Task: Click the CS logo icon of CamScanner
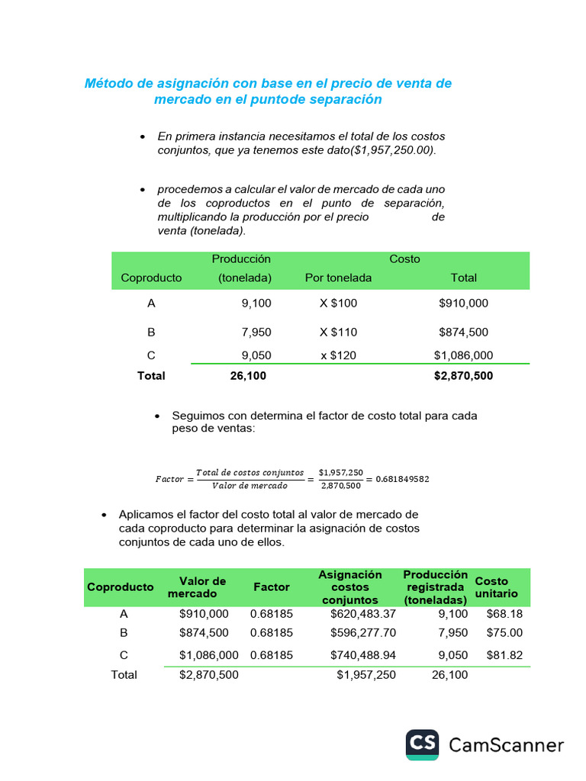tap(422, 745)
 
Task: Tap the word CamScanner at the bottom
tap(506, 745)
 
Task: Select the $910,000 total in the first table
tap(463, 304)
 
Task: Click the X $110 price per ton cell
tap(338, 333)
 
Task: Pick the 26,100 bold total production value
tap(248, 376)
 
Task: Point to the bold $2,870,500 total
tap(463, 376)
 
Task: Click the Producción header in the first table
tap(241, 259)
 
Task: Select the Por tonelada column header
tap(338, 278)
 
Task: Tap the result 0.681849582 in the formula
tap(402, 480)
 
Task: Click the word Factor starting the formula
tap(169, 480)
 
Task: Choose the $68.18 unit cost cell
tap(504, 614)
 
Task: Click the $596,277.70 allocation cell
tap(363, 633)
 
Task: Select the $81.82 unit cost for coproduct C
tap(504, 655)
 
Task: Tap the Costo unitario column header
tap(496, 587)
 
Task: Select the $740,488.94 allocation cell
tap(363, 655)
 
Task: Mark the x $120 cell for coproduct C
tap(338, 355)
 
